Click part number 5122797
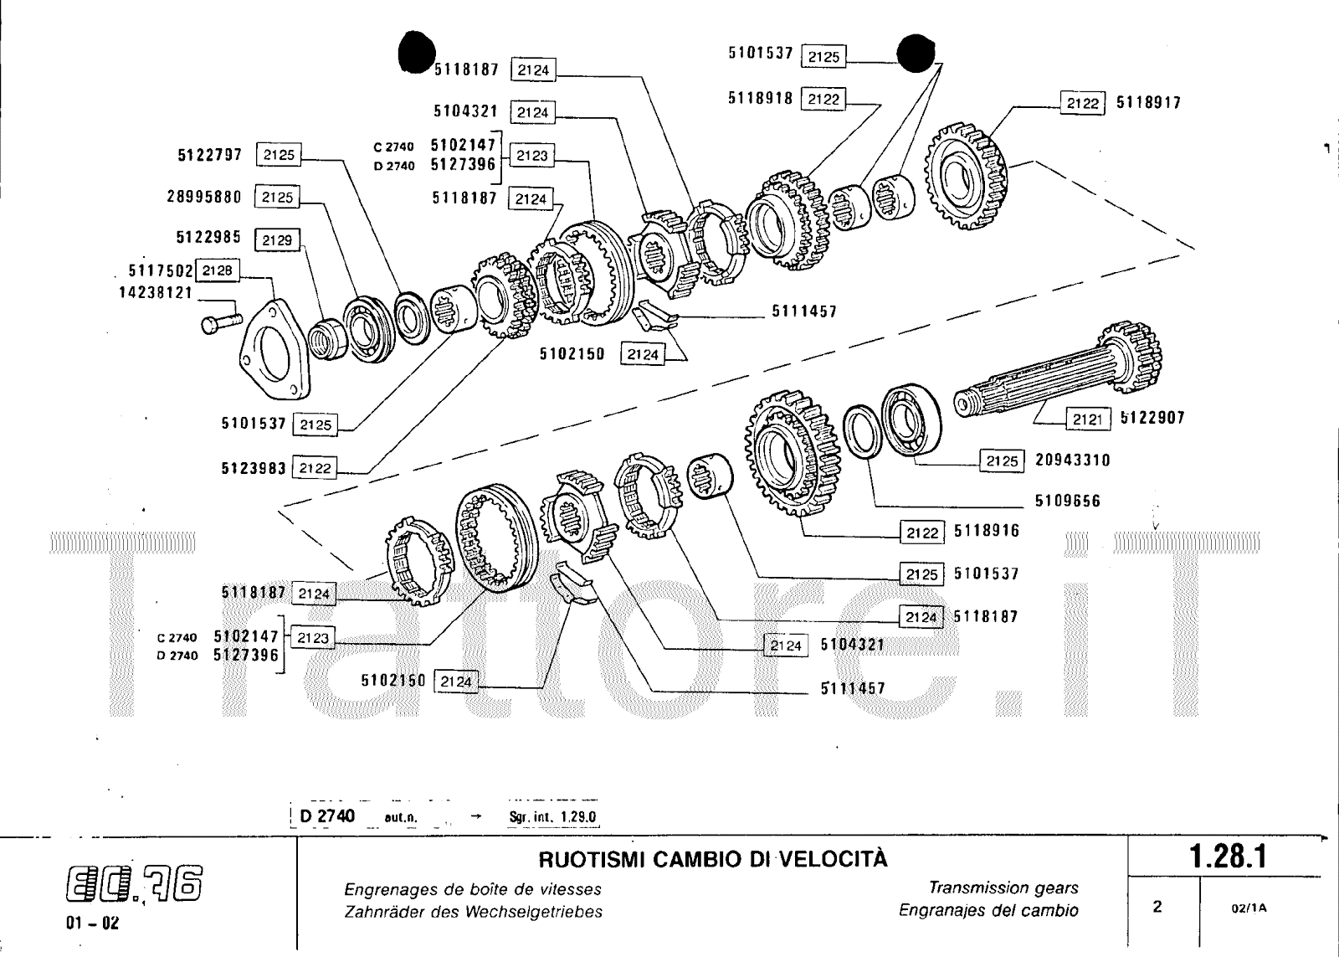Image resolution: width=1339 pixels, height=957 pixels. pos(210,155)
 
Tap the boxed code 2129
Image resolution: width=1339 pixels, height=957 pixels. pos(276,240)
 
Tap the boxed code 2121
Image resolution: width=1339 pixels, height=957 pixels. pos(1087,419)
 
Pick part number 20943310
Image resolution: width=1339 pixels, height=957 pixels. pos(1073,460)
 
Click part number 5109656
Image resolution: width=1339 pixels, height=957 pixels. pos(1067,502)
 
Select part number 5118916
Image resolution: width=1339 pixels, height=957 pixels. pos(987,532)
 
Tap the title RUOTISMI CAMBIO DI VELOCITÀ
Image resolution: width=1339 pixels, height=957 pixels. pos(712,860)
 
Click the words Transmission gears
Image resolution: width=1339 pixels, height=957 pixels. pos(1003,888)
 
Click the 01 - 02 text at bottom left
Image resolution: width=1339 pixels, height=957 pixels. pos(92,924)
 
